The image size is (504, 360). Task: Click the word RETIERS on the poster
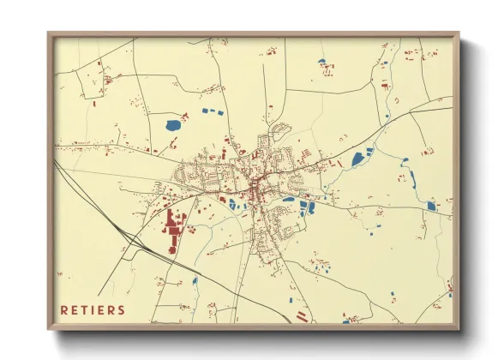(x=93, y=309)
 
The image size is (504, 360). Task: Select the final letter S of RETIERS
(x=122, y=309)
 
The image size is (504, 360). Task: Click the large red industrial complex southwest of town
(x=176, y=230)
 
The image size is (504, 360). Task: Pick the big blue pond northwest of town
(x=173, y=125)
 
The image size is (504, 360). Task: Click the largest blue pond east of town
(x=357, y=159)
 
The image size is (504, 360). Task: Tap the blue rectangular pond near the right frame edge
(x=432, y=206)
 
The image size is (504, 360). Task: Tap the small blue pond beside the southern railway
(x=195, y=280)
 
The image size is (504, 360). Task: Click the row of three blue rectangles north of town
(x=212, y=111)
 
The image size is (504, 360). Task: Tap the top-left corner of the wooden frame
(x=49, y=33)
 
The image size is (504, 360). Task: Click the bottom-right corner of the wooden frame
(x=459, y=329)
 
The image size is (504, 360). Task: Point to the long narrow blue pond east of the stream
(x=412, y=180)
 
